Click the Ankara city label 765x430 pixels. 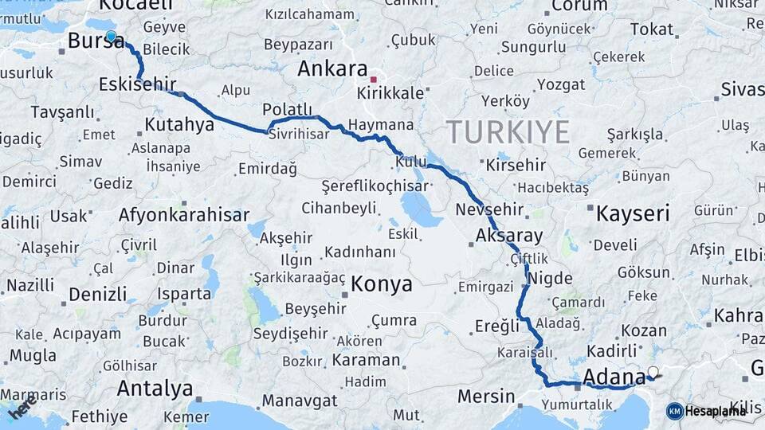tap(332, 69)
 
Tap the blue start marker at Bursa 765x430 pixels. tap(111, 36)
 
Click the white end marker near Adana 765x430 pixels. tap(653, 371)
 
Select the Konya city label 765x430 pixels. tap(382, 284)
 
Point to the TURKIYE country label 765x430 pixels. tap(508, 131)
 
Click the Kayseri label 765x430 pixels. tap(634, 213)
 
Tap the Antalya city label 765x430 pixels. tap(155, 389)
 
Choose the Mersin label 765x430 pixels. tap(486, 396)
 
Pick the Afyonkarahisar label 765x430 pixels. tap(184, 215)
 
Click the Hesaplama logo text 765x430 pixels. tap(715, 411)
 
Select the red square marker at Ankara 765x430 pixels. tap(373, 80)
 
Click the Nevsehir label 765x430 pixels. tap(489, 210)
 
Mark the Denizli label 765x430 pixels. tap(97, 294)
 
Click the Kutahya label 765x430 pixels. tap(179, 125)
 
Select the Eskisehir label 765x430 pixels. tap(138, 84)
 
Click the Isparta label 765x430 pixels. tap(184, 294)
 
